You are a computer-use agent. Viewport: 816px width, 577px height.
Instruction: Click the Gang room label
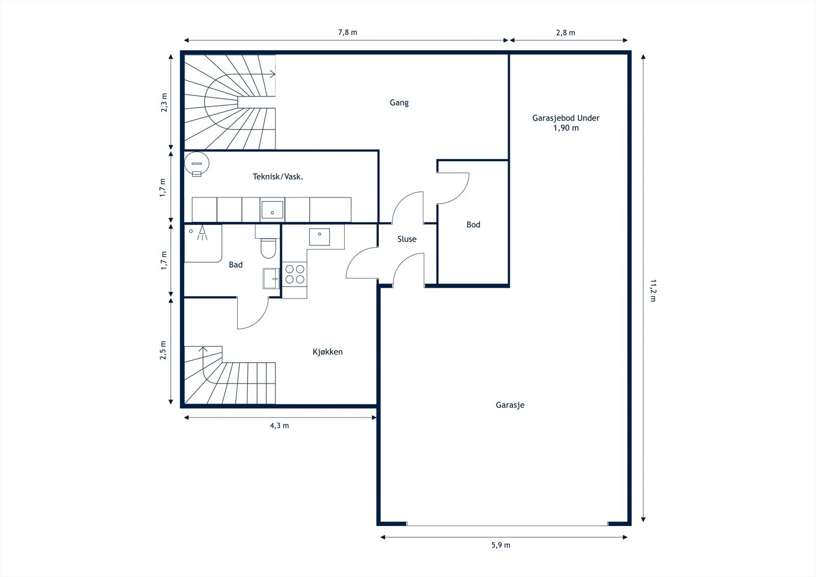pyautogui.click(x=399, y=103)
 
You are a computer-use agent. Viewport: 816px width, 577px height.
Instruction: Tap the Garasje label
pyautogui.click(x=510, y=405)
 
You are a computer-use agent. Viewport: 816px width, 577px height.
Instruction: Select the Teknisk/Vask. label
pyautogui.click(x=278, y=177)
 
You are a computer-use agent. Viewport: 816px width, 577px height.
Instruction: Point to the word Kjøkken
pyautogui.click(x=327, y=352)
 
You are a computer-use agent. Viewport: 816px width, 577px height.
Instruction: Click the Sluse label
pyautogui.click(x=407, y=239)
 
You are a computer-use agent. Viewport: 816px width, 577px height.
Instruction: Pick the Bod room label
pyautogui.click(x=473, y=224)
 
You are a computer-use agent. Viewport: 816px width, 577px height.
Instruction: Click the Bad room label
pyautogui.click(x=236, y=265)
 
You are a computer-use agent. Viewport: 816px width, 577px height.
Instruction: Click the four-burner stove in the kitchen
pyautogui.click(x=295, y=274)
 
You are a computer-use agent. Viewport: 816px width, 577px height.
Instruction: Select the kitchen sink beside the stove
pyautogui.click(x=319, y=237)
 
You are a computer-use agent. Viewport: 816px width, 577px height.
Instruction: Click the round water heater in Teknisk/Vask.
pyautogui.click(x=197, y=164)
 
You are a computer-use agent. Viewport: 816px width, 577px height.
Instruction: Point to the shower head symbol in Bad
pyautogui.click(x=202, y=233)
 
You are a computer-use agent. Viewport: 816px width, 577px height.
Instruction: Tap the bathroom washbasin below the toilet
pyautogui.click(x=271, y=279)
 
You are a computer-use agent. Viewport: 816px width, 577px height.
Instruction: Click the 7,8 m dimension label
pyautogui.click(x=347, y=33)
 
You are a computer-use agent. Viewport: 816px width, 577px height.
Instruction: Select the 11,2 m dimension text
pyautogui.click(x=653, y=290)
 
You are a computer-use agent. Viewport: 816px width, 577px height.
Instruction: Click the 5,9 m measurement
pyautogui.click(x=501, y=545)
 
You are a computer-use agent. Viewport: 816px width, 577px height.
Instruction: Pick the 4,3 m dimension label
pyautogui.click(x=279, y=425)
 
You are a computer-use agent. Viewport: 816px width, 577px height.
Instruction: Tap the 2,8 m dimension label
pyautogui.click(x=566, y=33)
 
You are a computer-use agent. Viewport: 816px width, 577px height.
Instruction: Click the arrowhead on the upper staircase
pyautogui.click(x=272, y=74)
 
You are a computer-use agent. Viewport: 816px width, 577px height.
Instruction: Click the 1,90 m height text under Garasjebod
pyautogui.click(x=566, y=128)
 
